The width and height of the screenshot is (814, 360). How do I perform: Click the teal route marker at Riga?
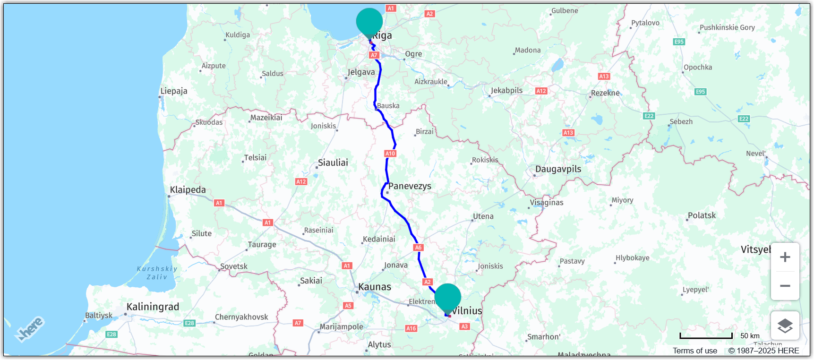tap(369, 22)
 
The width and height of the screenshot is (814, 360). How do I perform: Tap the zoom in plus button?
tap(785, 257)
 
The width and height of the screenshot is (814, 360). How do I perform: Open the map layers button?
tap(785, 326)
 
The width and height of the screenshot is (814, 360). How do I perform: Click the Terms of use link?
tap(694, 351)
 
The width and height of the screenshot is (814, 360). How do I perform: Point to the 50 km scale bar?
tap(706, 336)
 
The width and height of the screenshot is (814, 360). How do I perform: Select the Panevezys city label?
tap(410, 186)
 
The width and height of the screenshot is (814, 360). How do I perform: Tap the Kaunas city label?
tap(375, 287)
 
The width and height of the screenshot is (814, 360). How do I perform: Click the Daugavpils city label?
tap(558, 169)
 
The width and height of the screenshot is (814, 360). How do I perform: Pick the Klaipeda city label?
tap(188, 190)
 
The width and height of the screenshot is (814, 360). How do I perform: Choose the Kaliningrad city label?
tap(153, 307)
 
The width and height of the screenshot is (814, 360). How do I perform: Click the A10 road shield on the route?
tap(390, 154)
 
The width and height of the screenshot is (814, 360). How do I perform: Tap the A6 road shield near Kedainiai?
tap(418, 248)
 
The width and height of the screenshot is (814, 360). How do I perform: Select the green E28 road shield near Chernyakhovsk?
tap(189, 323)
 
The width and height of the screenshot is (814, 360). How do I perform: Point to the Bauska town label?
tap(388, 106)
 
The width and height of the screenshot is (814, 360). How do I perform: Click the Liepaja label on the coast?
tap(174, 91)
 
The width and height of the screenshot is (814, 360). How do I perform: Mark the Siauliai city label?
tap(333, 163)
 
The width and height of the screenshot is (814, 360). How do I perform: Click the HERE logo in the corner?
tap(29, 329)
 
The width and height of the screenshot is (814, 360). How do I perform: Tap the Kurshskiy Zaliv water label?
tap(157, 273)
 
